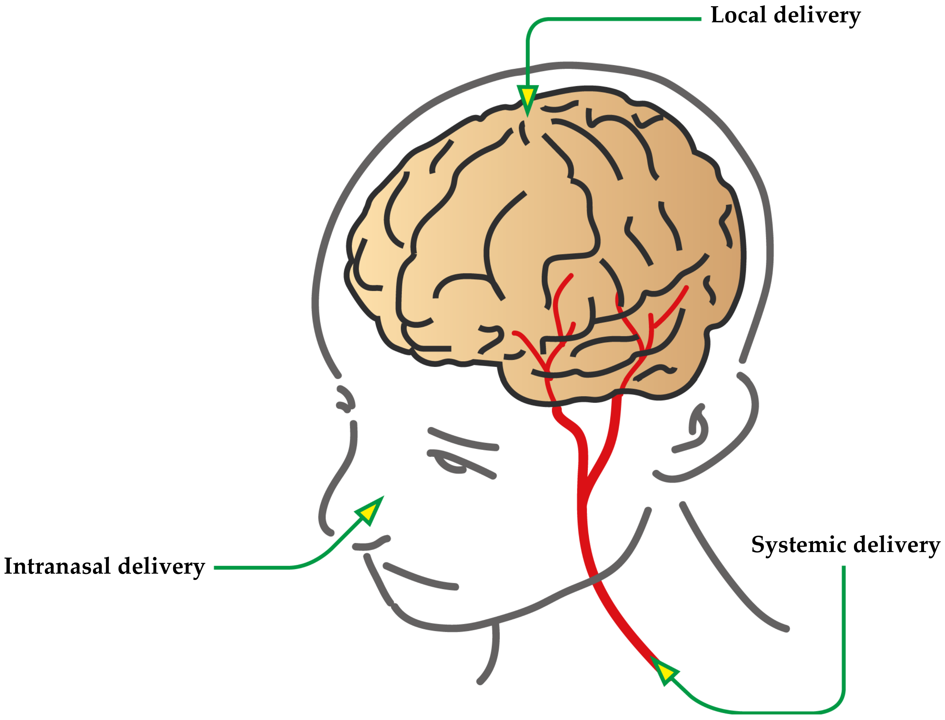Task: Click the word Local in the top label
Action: coord(738,15)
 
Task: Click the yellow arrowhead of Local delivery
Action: coord(527,98)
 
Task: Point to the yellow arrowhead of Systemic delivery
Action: coord(664,671)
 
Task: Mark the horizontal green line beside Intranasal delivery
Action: coord(253,568)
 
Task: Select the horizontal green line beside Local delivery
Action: coord(621,19)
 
